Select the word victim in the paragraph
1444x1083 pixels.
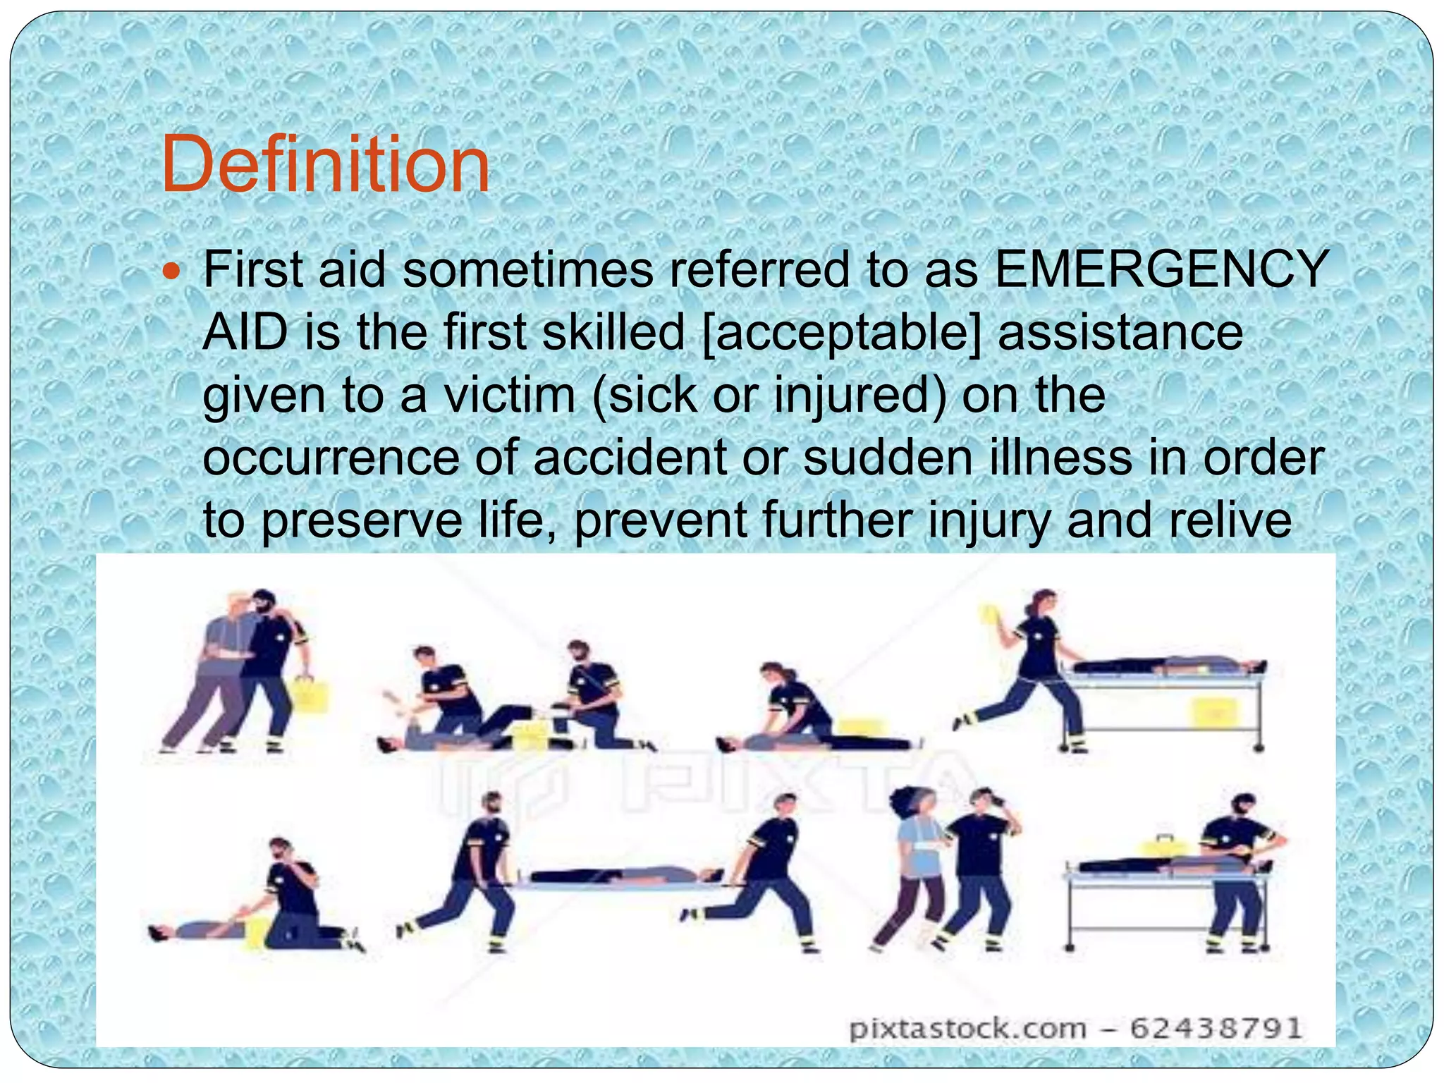click(509, 395)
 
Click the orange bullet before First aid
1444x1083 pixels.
click(171, 271)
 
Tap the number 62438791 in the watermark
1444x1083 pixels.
click(1216, 1028)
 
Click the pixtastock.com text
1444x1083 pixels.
click(967, 1029)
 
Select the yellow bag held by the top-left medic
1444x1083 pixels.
click(307, 694)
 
